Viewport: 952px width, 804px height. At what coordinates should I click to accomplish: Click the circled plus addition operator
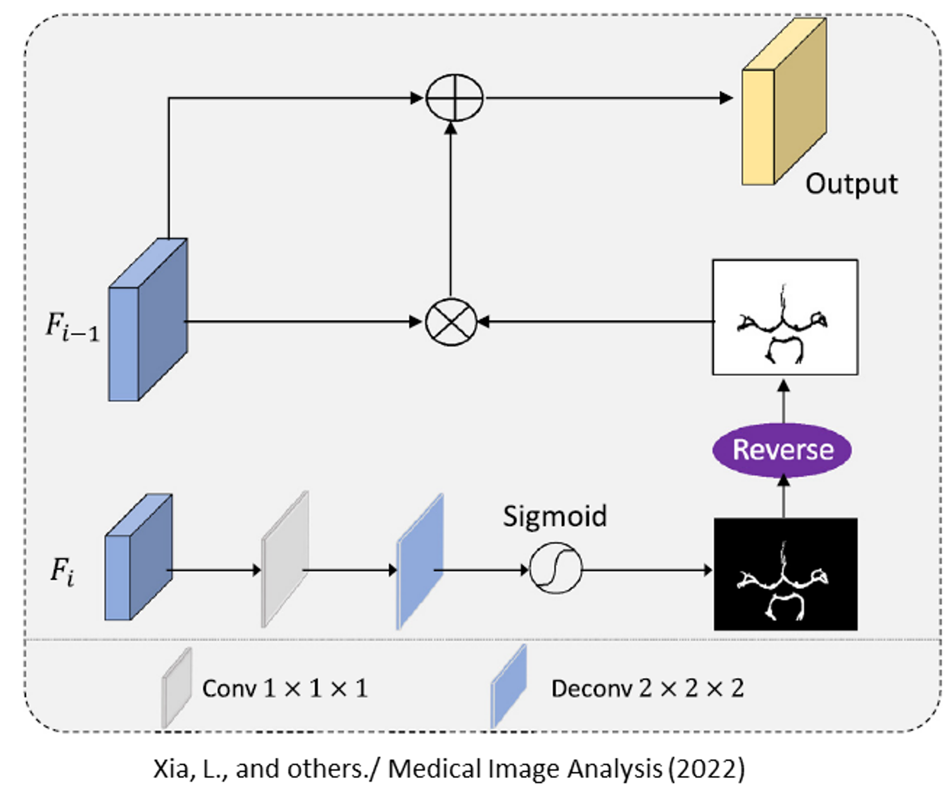[x=454, y=98]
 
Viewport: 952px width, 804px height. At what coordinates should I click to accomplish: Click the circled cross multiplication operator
[x=451, y=321]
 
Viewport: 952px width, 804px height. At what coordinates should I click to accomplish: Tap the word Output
[x=851, y=184]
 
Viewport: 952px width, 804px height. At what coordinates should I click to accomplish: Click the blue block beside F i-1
[x=147, y=320]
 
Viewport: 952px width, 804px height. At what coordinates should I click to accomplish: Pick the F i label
[x=62, y=572]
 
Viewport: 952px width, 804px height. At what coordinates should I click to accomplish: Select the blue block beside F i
[x=138, y=557]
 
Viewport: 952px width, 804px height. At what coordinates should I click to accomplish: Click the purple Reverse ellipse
[x=782, y=450]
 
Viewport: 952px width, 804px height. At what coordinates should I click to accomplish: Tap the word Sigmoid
[x=554, y=516]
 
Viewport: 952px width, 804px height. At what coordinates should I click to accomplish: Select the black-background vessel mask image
[x=786, y=574]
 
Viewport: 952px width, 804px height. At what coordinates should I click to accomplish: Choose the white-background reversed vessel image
[x=785, y=317]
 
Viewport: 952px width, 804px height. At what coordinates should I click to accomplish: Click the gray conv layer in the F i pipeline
[x=285, y=560]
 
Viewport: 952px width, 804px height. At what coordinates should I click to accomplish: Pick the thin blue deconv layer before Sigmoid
[x=420, y=562]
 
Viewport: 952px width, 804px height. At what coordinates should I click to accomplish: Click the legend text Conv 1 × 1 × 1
[x=285, y=688]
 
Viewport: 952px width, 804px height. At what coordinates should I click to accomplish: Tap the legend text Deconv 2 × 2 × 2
[x=647, y=688]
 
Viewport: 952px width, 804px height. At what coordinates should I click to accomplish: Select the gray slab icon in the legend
[x=177, y=688]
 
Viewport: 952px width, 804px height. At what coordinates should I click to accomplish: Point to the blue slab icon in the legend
[x=509, y=687]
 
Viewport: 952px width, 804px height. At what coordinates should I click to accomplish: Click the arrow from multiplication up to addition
[x=451, y=209]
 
